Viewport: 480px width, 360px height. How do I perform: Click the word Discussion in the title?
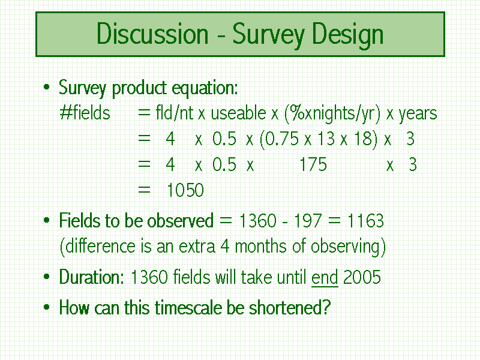152,34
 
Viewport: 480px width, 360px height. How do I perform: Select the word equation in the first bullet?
205,88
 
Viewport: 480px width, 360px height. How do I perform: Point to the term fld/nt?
175,113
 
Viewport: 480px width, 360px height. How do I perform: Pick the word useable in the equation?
238,113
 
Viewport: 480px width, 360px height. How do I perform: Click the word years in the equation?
418,115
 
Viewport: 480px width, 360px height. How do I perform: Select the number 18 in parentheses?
361,139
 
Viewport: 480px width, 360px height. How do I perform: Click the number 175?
313,164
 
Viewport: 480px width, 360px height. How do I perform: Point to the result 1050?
185,190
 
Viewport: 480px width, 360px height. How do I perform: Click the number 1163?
365,220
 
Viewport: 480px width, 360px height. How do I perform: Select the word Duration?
92,277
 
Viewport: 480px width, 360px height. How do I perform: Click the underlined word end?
325,277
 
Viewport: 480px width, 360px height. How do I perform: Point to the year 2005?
362,277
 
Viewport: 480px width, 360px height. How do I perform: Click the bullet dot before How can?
47,307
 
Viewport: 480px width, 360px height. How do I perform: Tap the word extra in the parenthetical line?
197,247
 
